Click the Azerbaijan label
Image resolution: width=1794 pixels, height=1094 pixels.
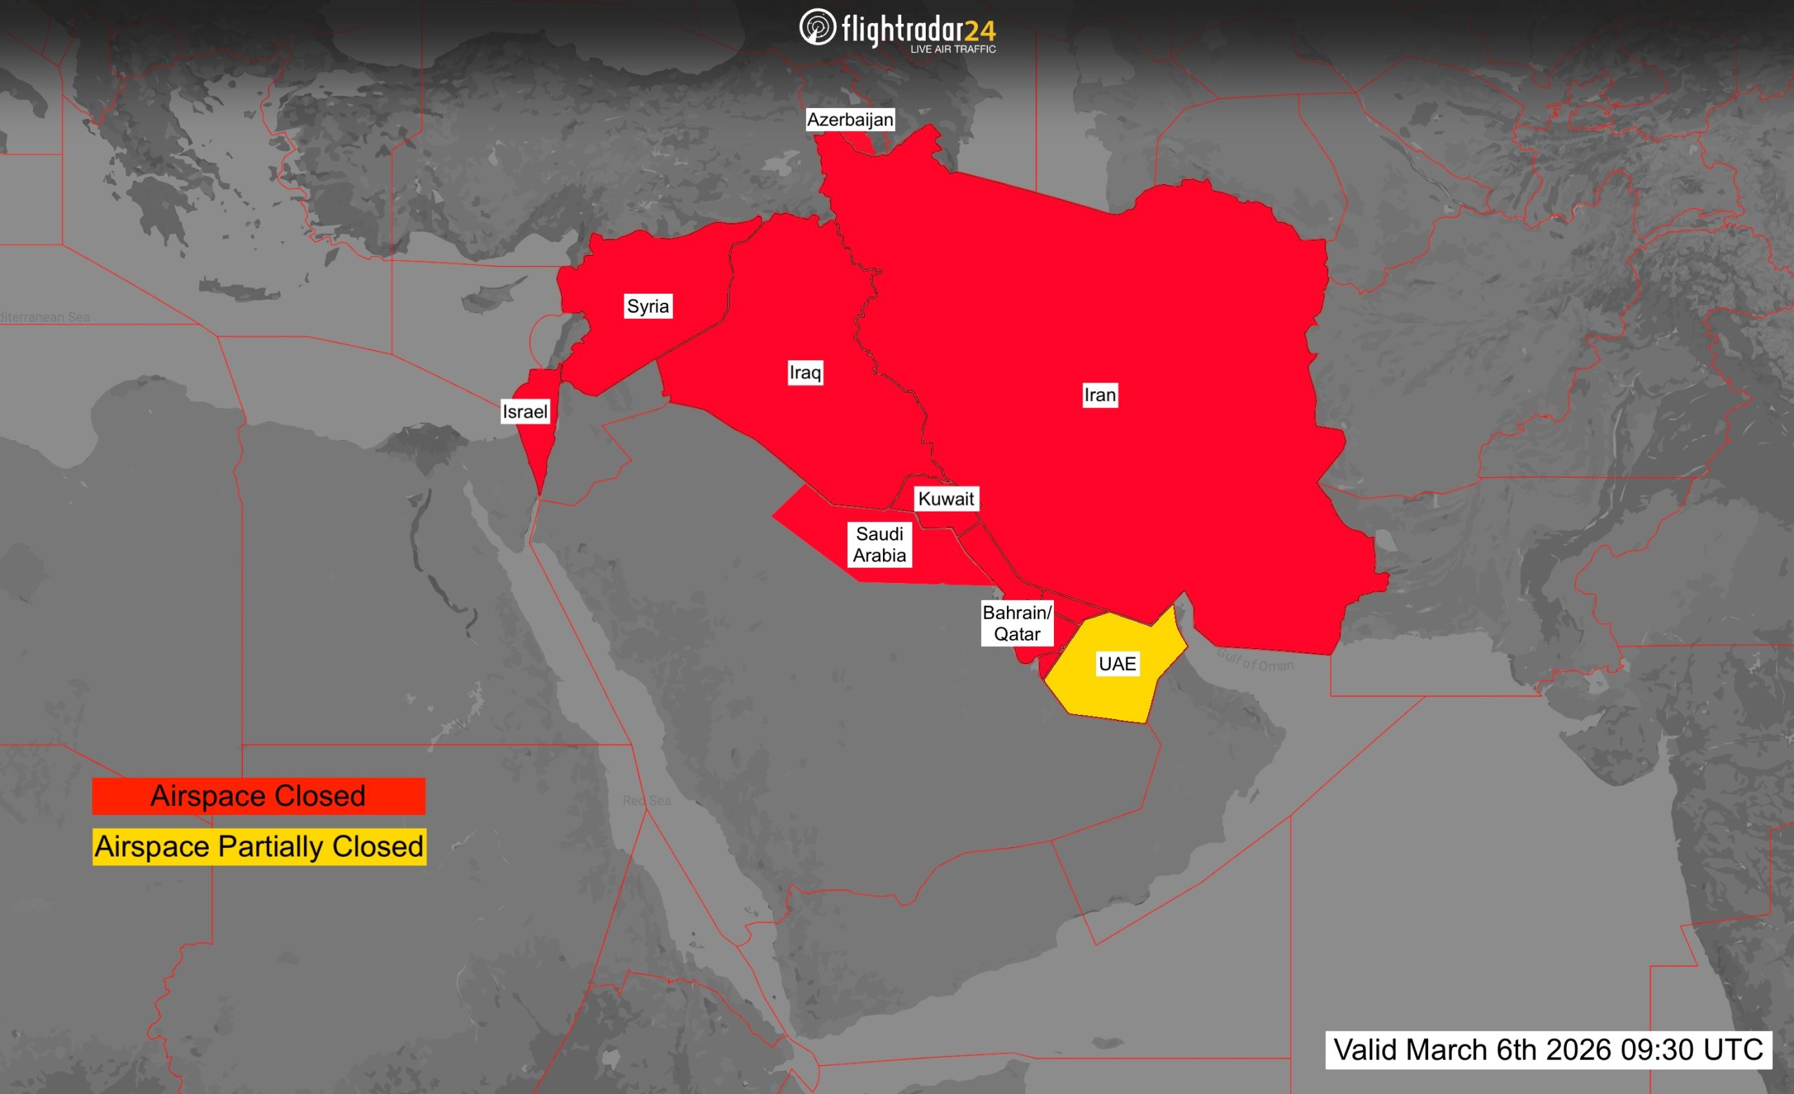click(x=849, y=119)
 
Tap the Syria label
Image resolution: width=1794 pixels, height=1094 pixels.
click(x=648, y=306)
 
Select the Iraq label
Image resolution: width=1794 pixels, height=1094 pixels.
click(x=805, y=373)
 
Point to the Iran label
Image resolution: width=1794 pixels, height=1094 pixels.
click(x=1100, y=395)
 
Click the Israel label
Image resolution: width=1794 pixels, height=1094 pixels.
click(x=524, y=411)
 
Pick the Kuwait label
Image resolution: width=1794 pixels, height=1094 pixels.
click(x=946, y=499)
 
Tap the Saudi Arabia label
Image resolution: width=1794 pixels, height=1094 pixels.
click(x=879, y=545)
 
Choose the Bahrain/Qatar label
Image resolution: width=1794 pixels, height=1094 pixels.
click(x=1017, y=624)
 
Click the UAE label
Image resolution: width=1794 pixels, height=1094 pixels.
click(x=1117, y=664)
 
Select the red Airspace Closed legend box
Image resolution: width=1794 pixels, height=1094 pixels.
click(x=259, y=796)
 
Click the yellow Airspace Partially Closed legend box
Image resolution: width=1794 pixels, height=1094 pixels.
click(x=259, y=847)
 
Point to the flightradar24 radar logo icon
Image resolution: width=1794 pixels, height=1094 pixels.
click(x=817, y=27)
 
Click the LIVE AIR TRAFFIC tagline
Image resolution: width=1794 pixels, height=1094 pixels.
click(x=953, y=50)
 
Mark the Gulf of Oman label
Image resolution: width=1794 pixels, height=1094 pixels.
click(x=1255, y=660)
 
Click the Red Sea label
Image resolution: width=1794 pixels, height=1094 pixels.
click(x=647, y=800)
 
